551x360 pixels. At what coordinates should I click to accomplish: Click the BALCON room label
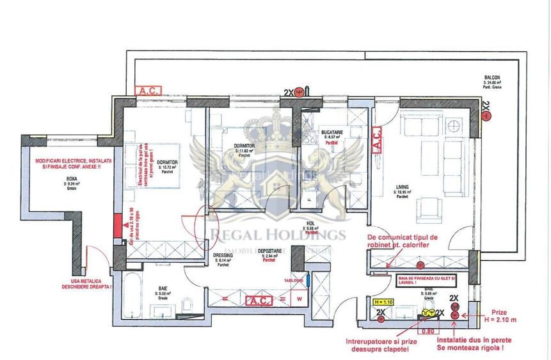pos(491,78)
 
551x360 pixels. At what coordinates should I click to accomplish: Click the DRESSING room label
pos(222,254)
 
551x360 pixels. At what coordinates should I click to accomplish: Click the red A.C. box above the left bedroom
pos(148,91)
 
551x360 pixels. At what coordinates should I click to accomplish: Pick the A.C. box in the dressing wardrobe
pos(259,299)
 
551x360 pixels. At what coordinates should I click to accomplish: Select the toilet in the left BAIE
pos(184,304)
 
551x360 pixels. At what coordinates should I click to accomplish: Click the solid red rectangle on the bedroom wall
pos(116,226)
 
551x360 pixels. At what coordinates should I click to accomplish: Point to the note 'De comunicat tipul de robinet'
pos(403,240)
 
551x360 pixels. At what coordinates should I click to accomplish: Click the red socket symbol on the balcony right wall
pos(485,116)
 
